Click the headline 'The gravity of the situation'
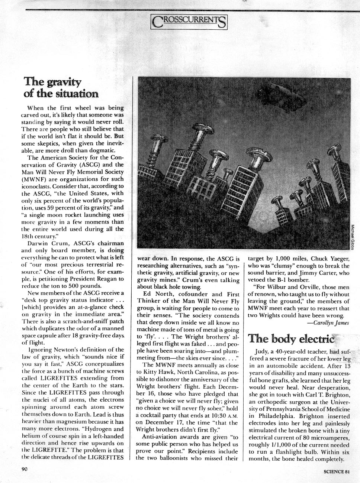61,87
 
